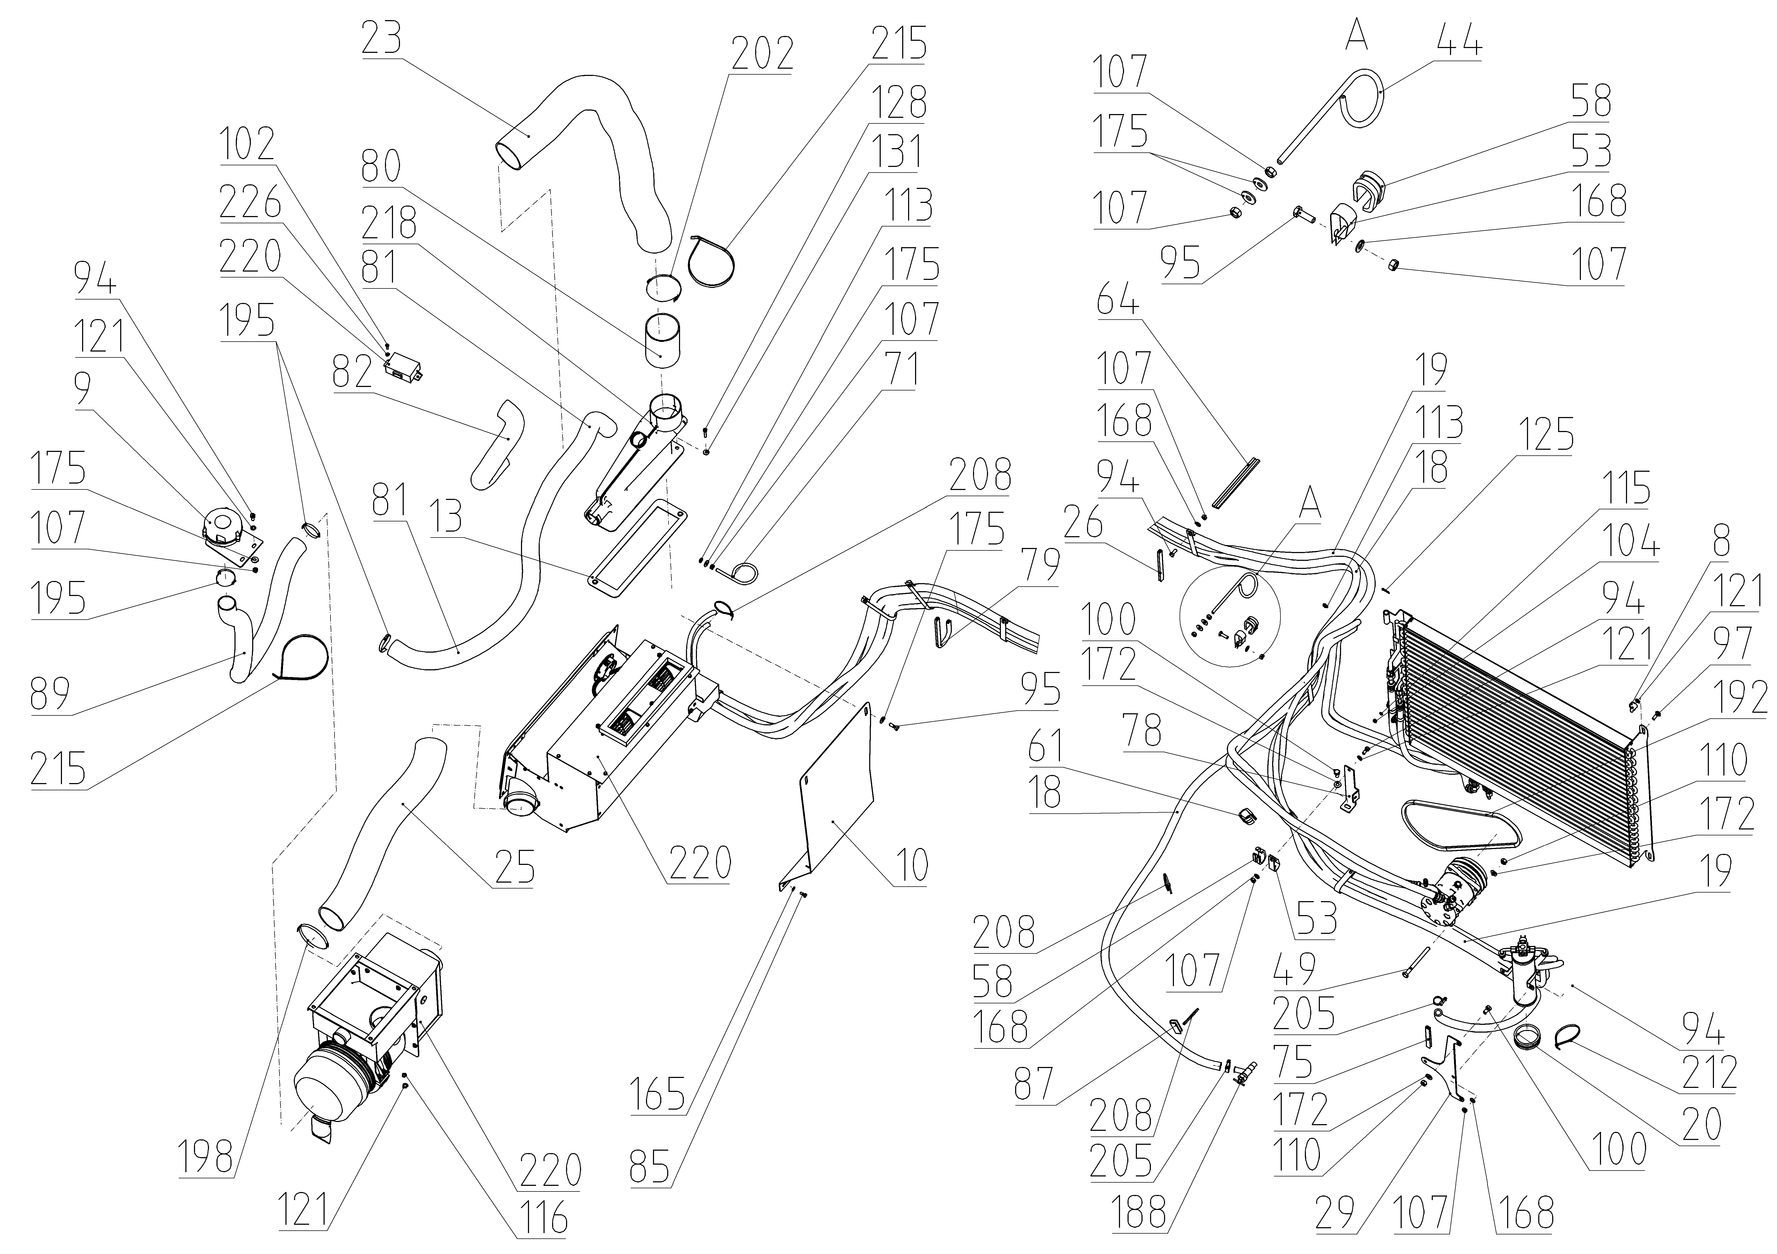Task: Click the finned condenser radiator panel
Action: tap(1517, 743)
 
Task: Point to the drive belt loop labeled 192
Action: tap(1459, 822)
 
